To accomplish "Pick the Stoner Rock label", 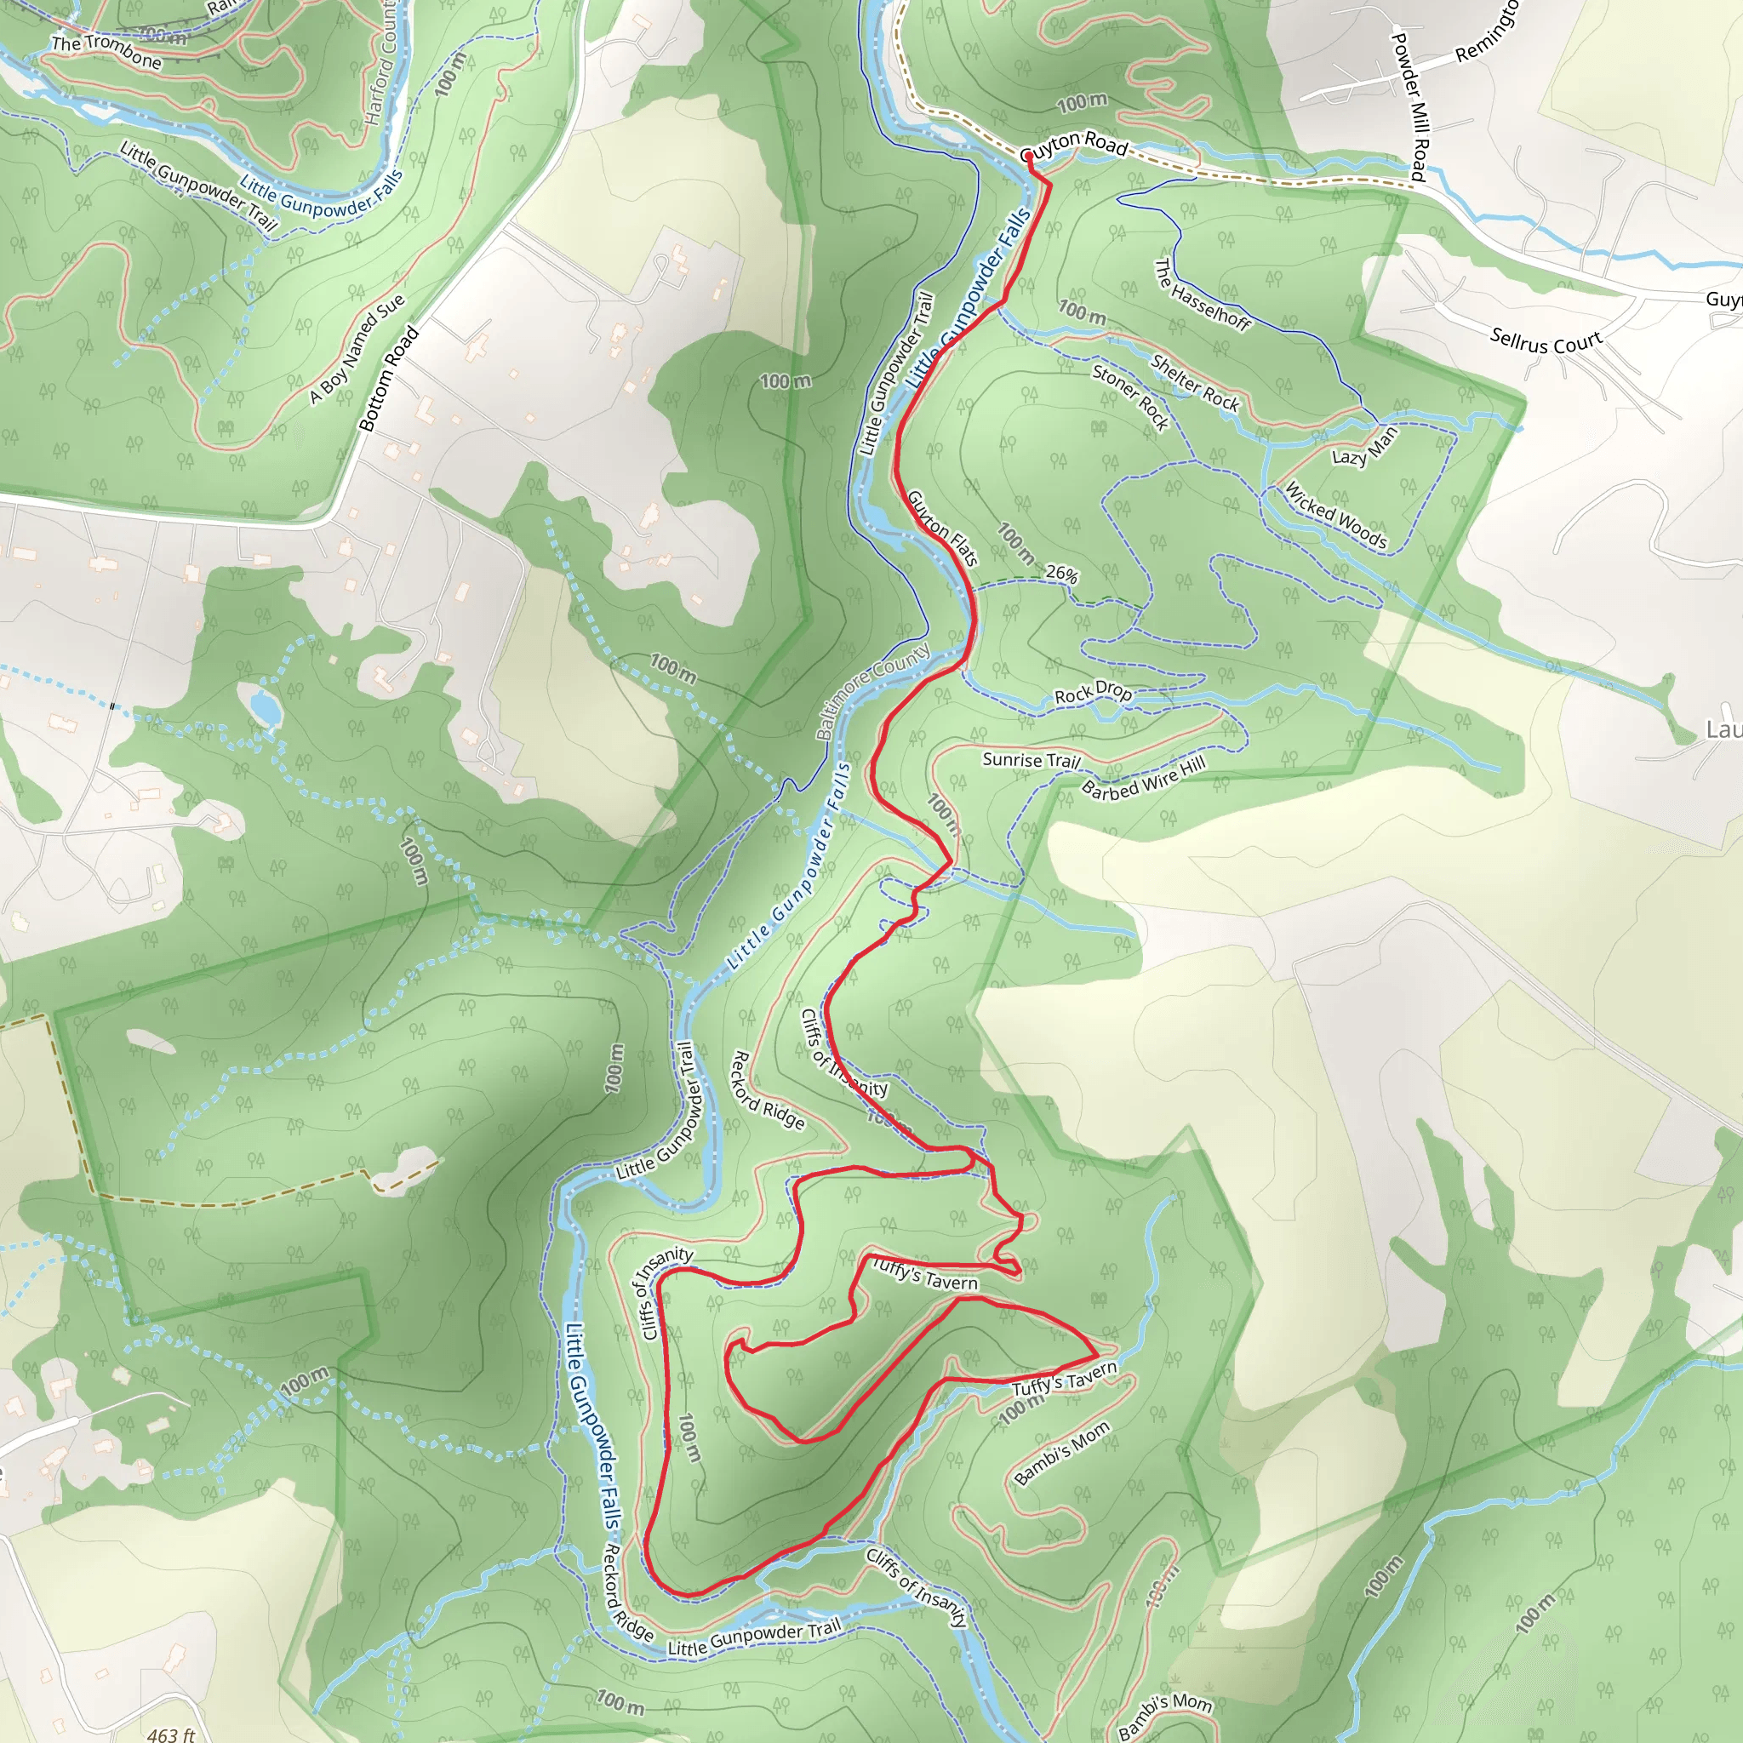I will tap(1129, 396).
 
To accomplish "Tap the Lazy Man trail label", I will tap(1364, 445).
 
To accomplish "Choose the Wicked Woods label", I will tap(1335, 515).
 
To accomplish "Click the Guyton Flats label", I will tap(942, 528).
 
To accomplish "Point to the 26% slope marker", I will tap(1062, 574).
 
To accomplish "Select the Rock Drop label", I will tap(1093, 692).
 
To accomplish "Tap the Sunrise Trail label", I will tap(1032, 760).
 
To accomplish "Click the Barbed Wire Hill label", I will tap(1143, 778).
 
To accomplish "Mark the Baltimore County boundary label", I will tap(872, 690).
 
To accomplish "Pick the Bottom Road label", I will tap(389, 378).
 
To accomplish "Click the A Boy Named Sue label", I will tap(357, 348).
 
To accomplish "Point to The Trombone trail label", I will tap(106, 52).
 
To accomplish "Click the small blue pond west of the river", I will tap(266, 706).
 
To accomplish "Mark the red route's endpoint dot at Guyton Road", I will tap(1028, 157).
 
